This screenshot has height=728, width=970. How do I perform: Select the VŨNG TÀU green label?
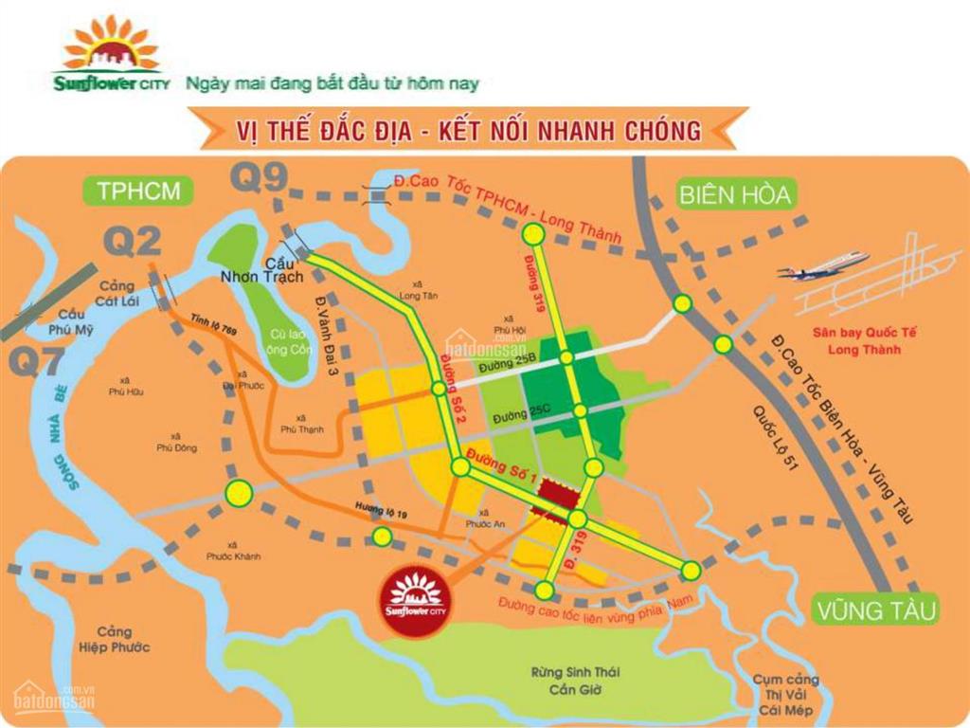[x=873, y=609]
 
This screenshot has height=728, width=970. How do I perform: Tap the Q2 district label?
[x=133, y=243]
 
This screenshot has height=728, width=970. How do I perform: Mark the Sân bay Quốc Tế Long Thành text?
[x=859, y=341]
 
